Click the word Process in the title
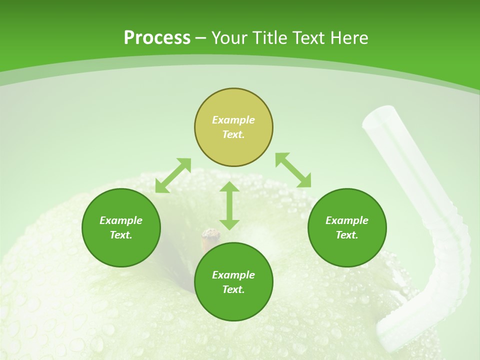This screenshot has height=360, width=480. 157,38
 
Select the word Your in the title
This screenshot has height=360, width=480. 229,38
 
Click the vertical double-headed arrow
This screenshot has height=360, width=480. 229,205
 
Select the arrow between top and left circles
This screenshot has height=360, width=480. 173,175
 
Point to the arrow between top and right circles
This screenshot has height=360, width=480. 293,170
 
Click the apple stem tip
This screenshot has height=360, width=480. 211,234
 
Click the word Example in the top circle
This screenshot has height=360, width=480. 233,120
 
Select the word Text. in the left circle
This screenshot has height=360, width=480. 121,235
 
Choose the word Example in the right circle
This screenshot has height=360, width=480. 347,220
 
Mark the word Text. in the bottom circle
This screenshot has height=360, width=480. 233,289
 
